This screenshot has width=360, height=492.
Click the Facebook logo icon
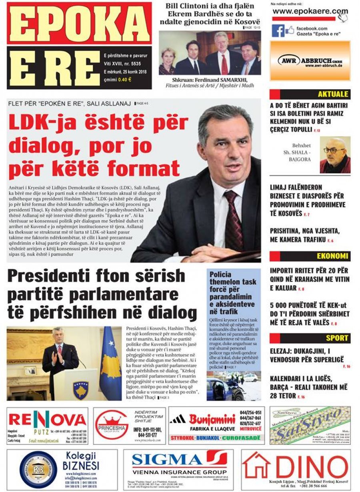pos(278,31)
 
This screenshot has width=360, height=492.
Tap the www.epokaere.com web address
pos(310,11)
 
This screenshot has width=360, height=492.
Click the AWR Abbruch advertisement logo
pos(310,61)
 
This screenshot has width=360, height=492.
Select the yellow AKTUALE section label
pos(332,94)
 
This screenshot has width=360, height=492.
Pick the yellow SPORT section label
pos(336,338)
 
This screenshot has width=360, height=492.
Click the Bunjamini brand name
pos(212,420)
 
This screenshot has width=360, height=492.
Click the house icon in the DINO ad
pos(256,465)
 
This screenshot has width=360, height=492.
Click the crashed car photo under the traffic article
pos(233,386)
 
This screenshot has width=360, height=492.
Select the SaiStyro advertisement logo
pos(310,425)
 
